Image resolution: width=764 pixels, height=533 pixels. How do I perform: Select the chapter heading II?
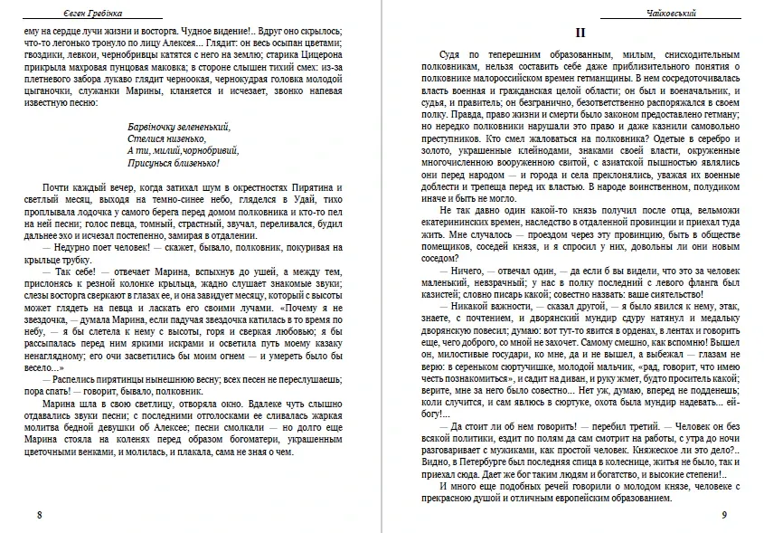(581, 33)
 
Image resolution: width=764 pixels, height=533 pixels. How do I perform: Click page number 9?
(724, 515)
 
